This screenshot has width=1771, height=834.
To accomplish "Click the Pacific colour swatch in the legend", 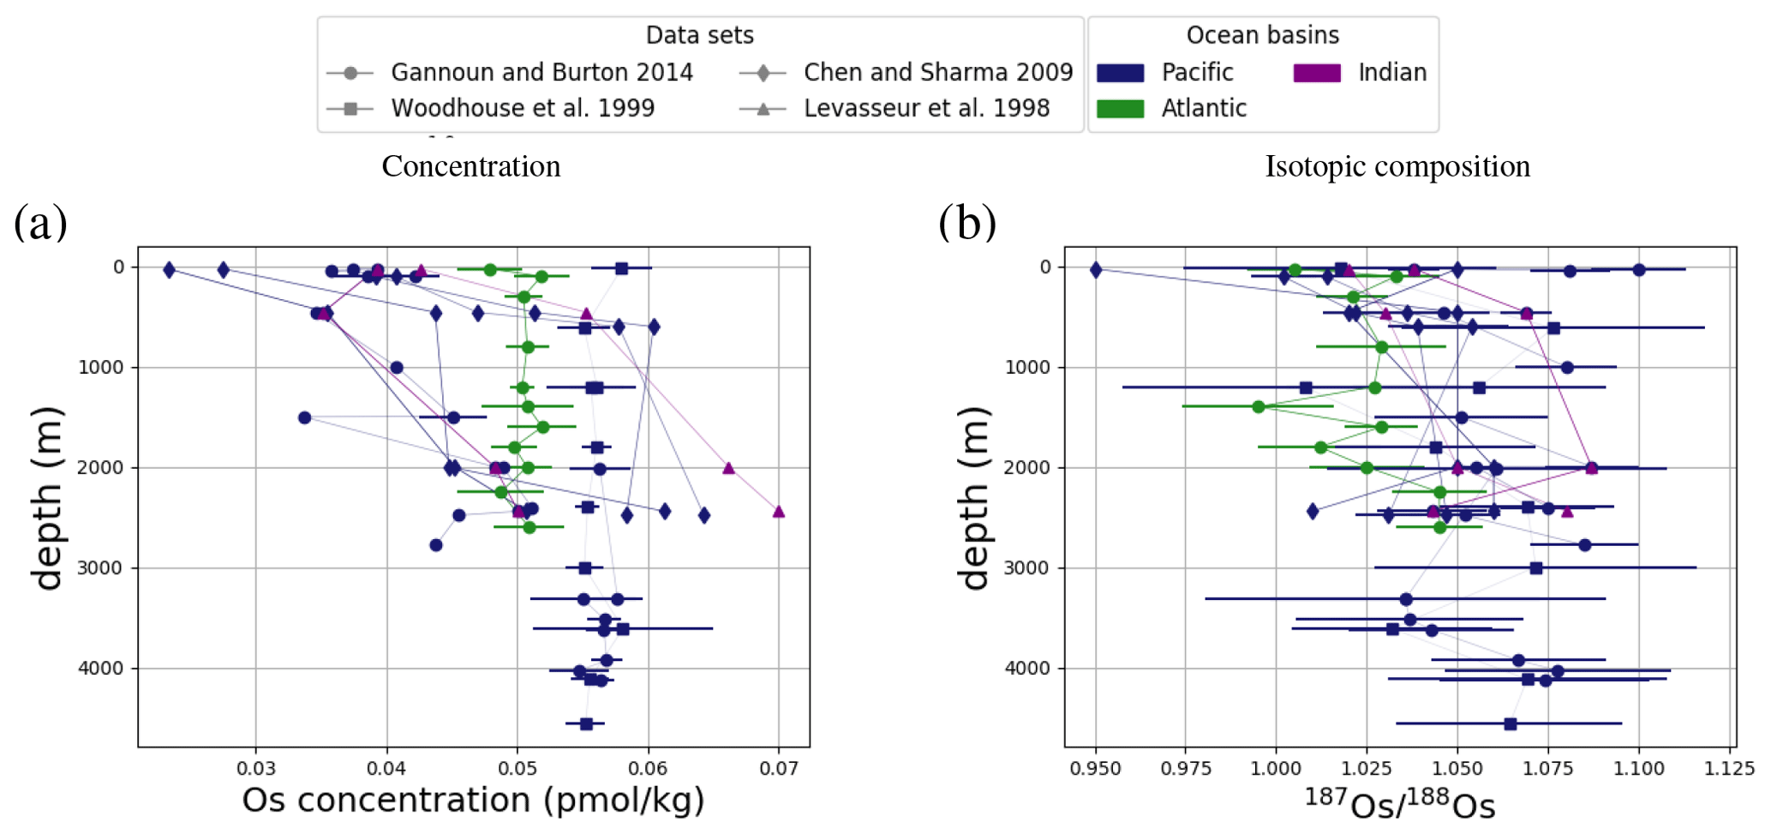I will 1120,73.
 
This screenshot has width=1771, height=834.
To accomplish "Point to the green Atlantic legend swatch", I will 1120,109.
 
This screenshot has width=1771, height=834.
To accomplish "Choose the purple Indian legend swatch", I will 1317,73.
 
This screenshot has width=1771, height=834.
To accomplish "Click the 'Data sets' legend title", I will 699,35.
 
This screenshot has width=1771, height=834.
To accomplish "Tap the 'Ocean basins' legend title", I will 1262,35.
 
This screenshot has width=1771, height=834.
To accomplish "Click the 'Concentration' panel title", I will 471,166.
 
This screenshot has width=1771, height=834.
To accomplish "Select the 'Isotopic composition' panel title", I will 1397,166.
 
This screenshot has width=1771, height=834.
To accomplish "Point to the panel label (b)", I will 967,223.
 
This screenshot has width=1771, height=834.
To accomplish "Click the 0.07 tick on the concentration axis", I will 779,769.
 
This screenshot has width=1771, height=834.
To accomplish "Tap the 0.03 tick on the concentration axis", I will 255,769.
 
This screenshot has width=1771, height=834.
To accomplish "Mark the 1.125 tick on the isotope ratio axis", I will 1729,769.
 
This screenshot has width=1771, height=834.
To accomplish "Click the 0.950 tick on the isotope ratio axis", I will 1095,769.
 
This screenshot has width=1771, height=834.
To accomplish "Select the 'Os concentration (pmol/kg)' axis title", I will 473,801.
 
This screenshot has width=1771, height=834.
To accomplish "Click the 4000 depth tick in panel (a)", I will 102,669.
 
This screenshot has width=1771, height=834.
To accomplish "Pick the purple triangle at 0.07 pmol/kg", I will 779,512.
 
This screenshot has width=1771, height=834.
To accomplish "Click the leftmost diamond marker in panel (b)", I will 1096,270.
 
